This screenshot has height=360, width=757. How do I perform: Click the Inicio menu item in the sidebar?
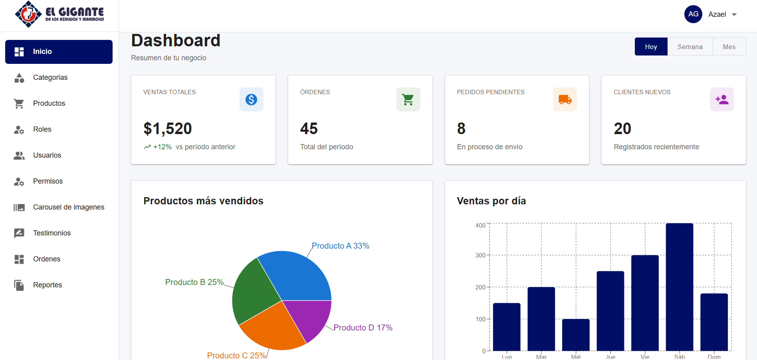(x=59, y=51)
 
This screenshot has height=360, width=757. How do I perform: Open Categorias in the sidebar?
(x=50, y=77)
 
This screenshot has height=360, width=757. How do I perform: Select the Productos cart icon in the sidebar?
(x=19, y=103)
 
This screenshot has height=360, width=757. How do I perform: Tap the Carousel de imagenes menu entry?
(x=68, y=207)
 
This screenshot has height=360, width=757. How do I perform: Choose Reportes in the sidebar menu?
(x=47, y=285)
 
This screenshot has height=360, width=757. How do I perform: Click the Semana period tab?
(x=690, y=47)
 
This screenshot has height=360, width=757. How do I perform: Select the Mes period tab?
(x=729, y=47)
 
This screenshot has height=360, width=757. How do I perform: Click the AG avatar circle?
(x=693, y=14)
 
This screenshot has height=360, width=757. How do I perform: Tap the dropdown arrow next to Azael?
(x=734, y=15)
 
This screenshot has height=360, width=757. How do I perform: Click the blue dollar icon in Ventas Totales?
(x=251, y=99)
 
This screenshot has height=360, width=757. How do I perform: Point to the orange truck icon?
(x=565, y=99)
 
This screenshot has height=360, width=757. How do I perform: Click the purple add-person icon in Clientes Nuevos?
(x=721, y=99)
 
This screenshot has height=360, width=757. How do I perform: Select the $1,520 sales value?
(x=168, y=129)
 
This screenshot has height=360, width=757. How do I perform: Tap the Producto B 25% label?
(x=194, y=282)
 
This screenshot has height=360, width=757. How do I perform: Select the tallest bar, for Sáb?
(x=679, y=287)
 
